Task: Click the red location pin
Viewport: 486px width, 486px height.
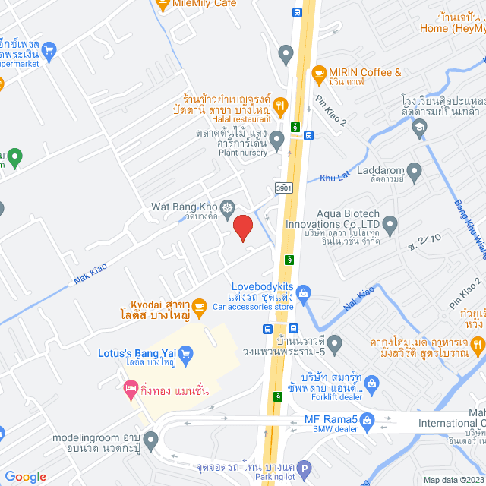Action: (242, 228)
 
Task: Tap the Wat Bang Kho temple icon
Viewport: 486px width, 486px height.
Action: (227, 207)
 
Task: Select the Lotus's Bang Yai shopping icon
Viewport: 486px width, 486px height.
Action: (185, 352)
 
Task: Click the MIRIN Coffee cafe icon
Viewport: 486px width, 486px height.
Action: (318, 73)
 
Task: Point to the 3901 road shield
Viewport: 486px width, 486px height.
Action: (283, 188)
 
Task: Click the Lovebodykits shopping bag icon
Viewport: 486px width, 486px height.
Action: (303, 292)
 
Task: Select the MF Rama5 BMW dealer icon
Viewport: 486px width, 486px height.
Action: (368, 419)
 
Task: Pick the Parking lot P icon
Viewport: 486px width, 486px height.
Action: (304, 469)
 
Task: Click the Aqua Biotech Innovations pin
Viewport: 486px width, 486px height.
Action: (390, 224)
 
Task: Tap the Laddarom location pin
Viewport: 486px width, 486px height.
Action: (415, 173)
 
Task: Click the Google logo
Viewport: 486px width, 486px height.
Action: (25, 476)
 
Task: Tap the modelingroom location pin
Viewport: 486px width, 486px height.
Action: (150, 439)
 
